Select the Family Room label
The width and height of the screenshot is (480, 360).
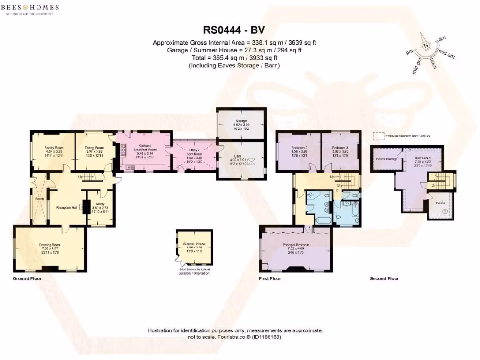click(54, 148)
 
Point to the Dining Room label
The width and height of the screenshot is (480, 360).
click(94, 148)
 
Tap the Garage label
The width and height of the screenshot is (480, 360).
click(241, 121)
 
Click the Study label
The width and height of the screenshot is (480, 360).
click(100, 204)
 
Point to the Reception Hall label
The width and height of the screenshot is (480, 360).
click(67, 207)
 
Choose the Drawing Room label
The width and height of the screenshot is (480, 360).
click(50, 245)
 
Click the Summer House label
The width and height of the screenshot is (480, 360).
click(195, 244)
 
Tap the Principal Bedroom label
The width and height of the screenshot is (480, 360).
click(296, 245)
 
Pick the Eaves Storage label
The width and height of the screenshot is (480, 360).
click(387, 159)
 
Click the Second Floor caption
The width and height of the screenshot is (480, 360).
click(384, 278)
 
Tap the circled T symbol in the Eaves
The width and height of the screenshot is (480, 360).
click(445, 212)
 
